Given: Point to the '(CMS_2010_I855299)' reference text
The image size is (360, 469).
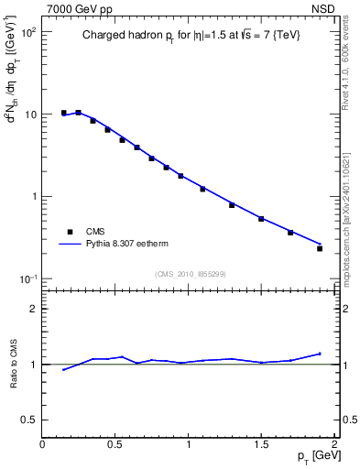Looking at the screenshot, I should pos(190,273).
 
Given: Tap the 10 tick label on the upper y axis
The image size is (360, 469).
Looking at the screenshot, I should pos(29,115).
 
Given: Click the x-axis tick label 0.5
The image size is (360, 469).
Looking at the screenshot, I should pos(115,443).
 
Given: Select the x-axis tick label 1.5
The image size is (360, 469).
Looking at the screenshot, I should pos(261,443).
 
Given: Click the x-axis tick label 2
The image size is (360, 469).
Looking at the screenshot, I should pos(334,443).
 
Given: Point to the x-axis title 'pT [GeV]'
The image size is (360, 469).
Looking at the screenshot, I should pos(316,456).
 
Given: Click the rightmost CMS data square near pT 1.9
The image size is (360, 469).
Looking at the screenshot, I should pos(320,248).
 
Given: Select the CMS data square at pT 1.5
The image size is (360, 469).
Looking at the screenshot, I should pos(261,219).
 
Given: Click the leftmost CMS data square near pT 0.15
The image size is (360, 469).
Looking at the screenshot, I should pos(64,113).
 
